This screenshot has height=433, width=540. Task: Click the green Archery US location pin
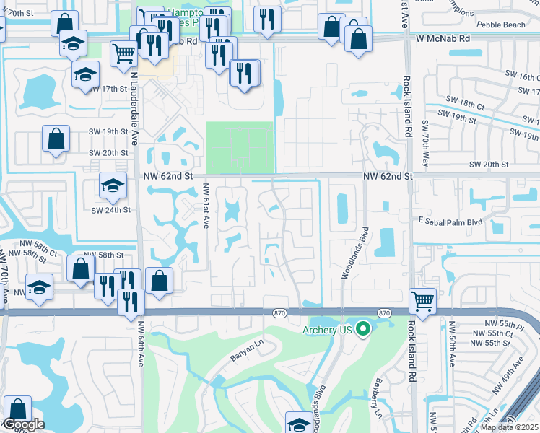tap(363, 330)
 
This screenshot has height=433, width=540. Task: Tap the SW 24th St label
tap(110, 210)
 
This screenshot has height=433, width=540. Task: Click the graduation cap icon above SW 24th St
tap(112, 187)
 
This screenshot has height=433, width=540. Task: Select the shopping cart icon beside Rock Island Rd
tap(422, 299)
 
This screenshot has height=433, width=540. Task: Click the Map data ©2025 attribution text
tap(509, 427)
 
